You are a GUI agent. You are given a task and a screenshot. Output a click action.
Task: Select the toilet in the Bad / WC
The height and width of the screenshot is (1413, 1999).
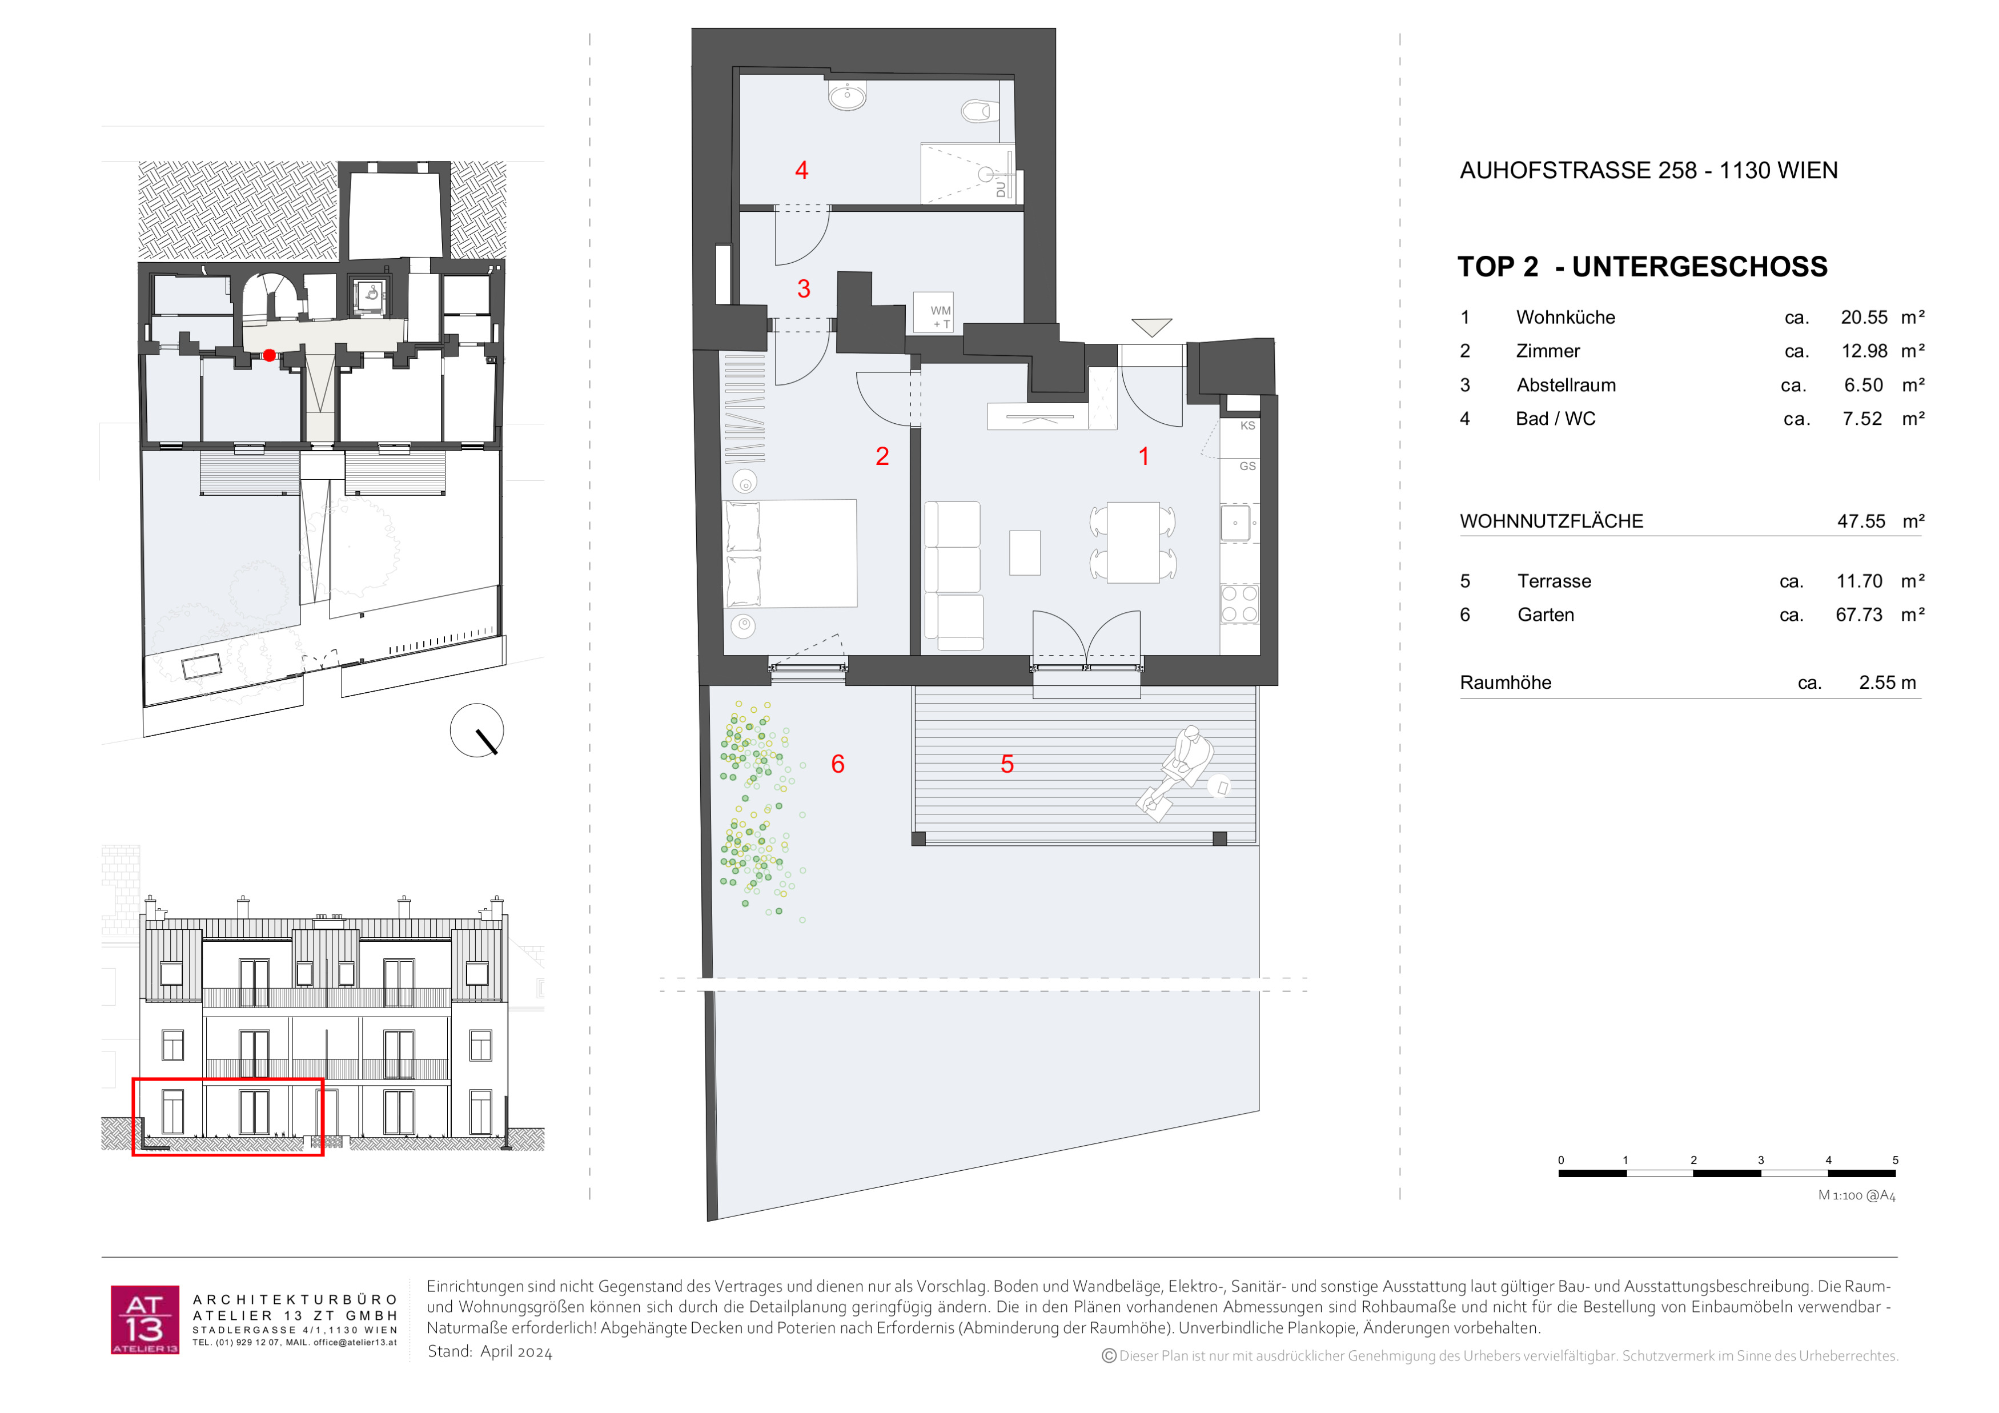pos(980,111)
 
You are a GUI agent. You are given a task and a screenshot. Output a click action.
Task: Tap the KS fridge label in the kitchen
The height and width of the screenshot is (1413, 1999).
pos(1247,425)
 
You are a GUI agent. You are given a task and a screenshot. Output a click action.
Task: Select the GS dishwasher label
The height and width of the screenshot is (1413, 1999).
pos(1247,467)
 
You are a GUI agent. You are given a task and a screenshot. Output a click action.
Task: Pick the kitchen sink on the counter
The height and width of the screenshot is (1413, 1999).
pos(1235,523)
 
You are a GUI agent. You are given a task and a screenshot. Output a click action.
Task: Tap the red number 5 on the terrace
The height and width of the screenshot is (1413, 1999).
pos(1007,764)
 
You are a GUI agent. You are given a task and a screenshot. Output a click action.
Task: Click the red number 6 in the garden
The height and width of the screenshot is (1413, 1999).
pos(837,764)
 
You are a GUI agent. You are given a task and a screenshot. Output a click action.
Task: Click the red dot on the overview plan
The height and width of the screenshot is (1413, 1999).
pos(270,355)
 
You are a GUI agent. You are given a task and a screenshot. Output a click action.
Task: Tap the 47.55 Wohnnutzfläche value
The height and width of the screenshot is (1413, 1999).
pos(1861,521)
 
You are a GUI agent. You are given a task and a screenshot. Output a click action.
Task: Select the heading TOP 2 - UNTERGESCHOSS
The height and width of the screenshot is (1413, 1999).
pos(1642,266)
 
